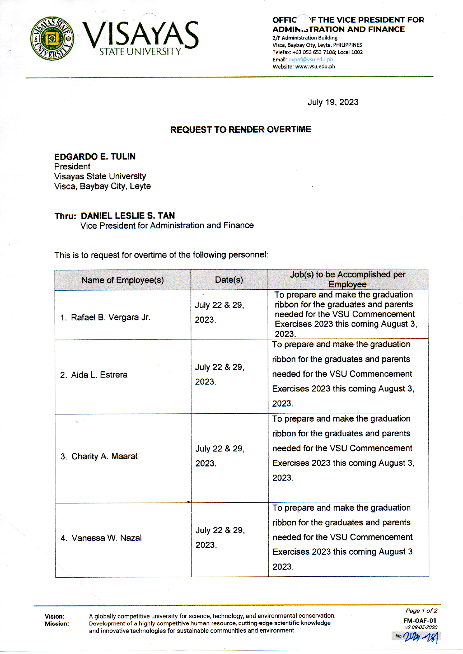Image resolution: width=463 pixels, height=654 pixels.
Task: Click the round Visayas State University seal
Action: (x=52, y=38)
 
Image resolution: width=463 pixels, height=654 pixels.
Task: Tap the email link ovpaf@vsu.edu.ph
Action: (x=310, y=60)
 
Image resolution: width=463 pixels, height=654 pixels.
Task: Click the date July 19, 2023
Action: (x=333, y=102)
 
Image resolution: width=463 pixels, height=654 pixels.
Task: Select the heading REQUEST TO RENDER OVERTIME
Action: (x=240, y=130)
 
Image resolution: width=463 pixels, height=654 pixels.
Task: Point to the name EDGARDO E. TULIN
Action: (x=95, y=157)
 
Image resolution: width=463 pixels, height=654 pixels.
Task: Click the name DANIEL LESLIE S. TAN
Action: (x=128, y=216)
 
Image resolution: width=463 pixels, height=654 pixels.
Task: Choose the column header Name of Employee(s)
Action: (x=123, y=280)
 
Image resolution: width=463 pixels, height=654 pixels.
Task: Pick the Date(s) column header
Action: (x=229, y=280)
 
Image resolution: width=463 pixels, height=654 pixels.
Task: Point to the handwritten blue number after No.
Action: (x=420, y=637)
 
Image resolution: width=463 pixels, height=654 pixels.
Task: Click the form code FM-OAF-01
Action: (x=420, y=621)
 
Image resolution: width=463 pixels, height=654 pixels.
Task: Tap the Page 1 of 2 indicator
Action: (x=421, y=611)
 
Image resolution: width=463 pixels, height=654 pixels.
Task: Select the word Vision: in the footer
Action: (x=55, y=617)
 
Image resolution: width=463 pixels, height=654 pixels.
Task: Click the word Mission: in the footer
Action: (x=57, y=624)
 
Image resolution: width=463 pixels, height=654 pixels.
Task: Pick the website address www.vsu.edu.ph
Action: (x=315, y=67)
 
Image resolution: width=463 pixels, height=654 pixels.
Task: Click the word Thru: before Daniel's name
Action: (x=65, y=216)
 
